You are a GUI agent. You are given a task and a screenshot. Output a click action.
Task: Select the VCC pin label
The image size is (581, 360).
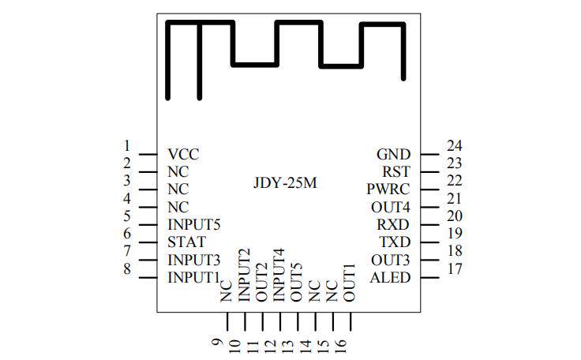pyautogui.click(x=183, y=154)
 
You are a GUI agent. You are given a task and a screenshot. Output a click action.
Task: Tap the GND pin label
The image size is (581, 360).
pyautogui.click(x=394, y=154)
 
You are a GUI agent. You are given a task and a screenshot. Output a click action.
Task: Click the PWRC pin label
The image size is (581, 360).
pyautogui.click(x=389, y=189)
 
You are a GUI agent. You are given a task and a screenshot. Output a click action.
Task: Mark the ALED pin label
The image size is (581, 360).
pyautogui.click(x=391, y=278)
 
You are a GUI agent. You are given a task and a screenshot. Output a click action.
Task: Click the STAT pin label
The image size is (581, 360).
pyautogui.click(x=187, y=242)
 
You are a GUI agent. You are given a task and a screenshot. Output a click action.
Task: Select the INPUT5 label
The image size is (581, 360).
pyautogui.click(x=193, y=225)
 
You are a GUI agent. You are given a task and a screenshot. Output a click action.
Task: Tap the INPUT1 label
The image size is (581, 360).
pyautogui.click(x=193, y=278)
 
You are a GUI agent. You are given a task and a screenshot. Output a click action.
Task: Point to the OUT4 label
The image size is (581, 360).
pyautogui.click(x=392, y=207)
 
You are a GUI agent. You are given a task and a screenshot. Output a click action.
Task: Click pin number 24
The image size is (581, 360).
pyautogui.click(x=453, y=145)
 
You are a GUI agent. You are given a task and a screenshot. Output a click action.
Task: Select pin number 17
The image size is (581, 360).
pyautogui.click(x=453, y=268)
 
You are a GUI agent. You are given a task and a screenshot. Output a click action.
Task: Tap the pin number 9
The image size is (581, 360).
pyautogui.click(x=218, y=343)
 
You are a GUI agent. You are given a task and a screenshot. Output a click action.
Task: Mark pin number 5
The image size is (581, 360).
pyautogui.click(x=126, y=216)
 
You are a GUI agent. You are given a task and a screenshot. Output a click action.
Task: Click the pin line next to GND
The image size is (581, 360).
pyautogui.click(x=428, y=154)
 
